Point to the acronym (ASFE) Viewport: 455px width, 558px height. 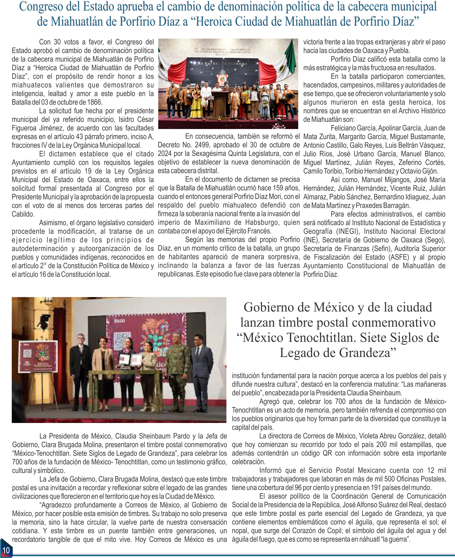[399, 257]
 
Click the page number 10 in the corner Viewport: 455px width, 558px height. [6, 550]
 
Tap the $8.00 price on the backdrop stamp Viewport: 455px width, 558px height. [120, 321]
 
